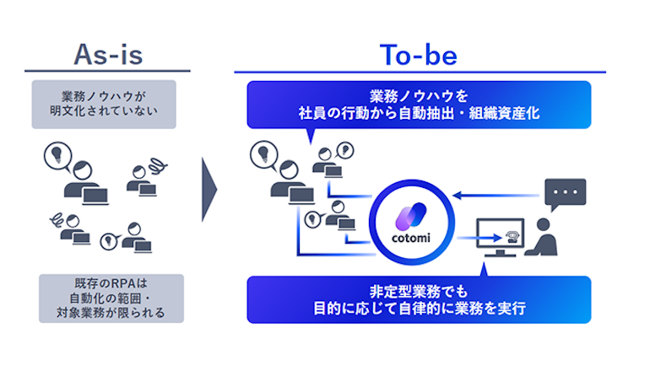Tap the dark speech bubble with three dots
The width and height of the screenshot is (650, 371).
565,195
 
